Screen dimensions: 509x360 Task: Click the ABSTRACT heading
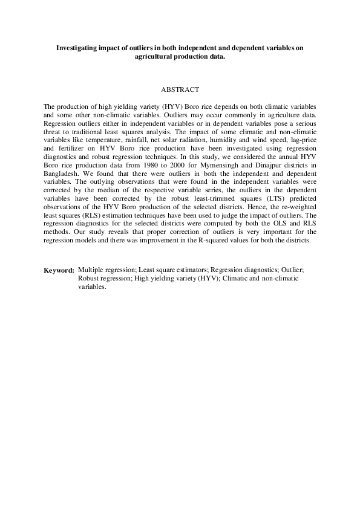180,90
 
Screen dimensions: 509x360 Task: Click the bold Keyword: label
59,270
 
